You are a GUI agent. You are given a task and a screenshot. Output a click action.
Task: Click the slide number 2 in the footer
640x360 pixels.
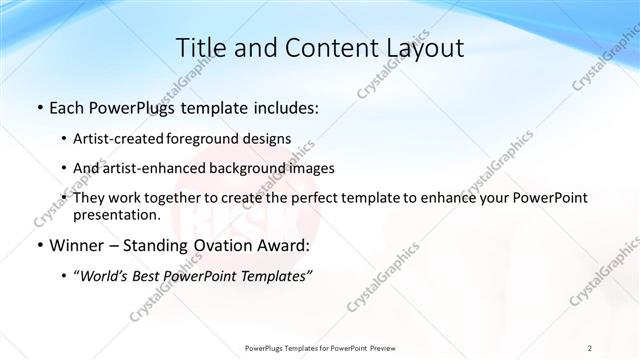pyautogui.click(x=590, y=347)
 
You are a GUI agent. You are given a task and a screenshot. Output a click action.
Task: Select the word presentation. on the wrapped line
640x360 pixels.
pyautogui.click(x=117, y=214)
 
